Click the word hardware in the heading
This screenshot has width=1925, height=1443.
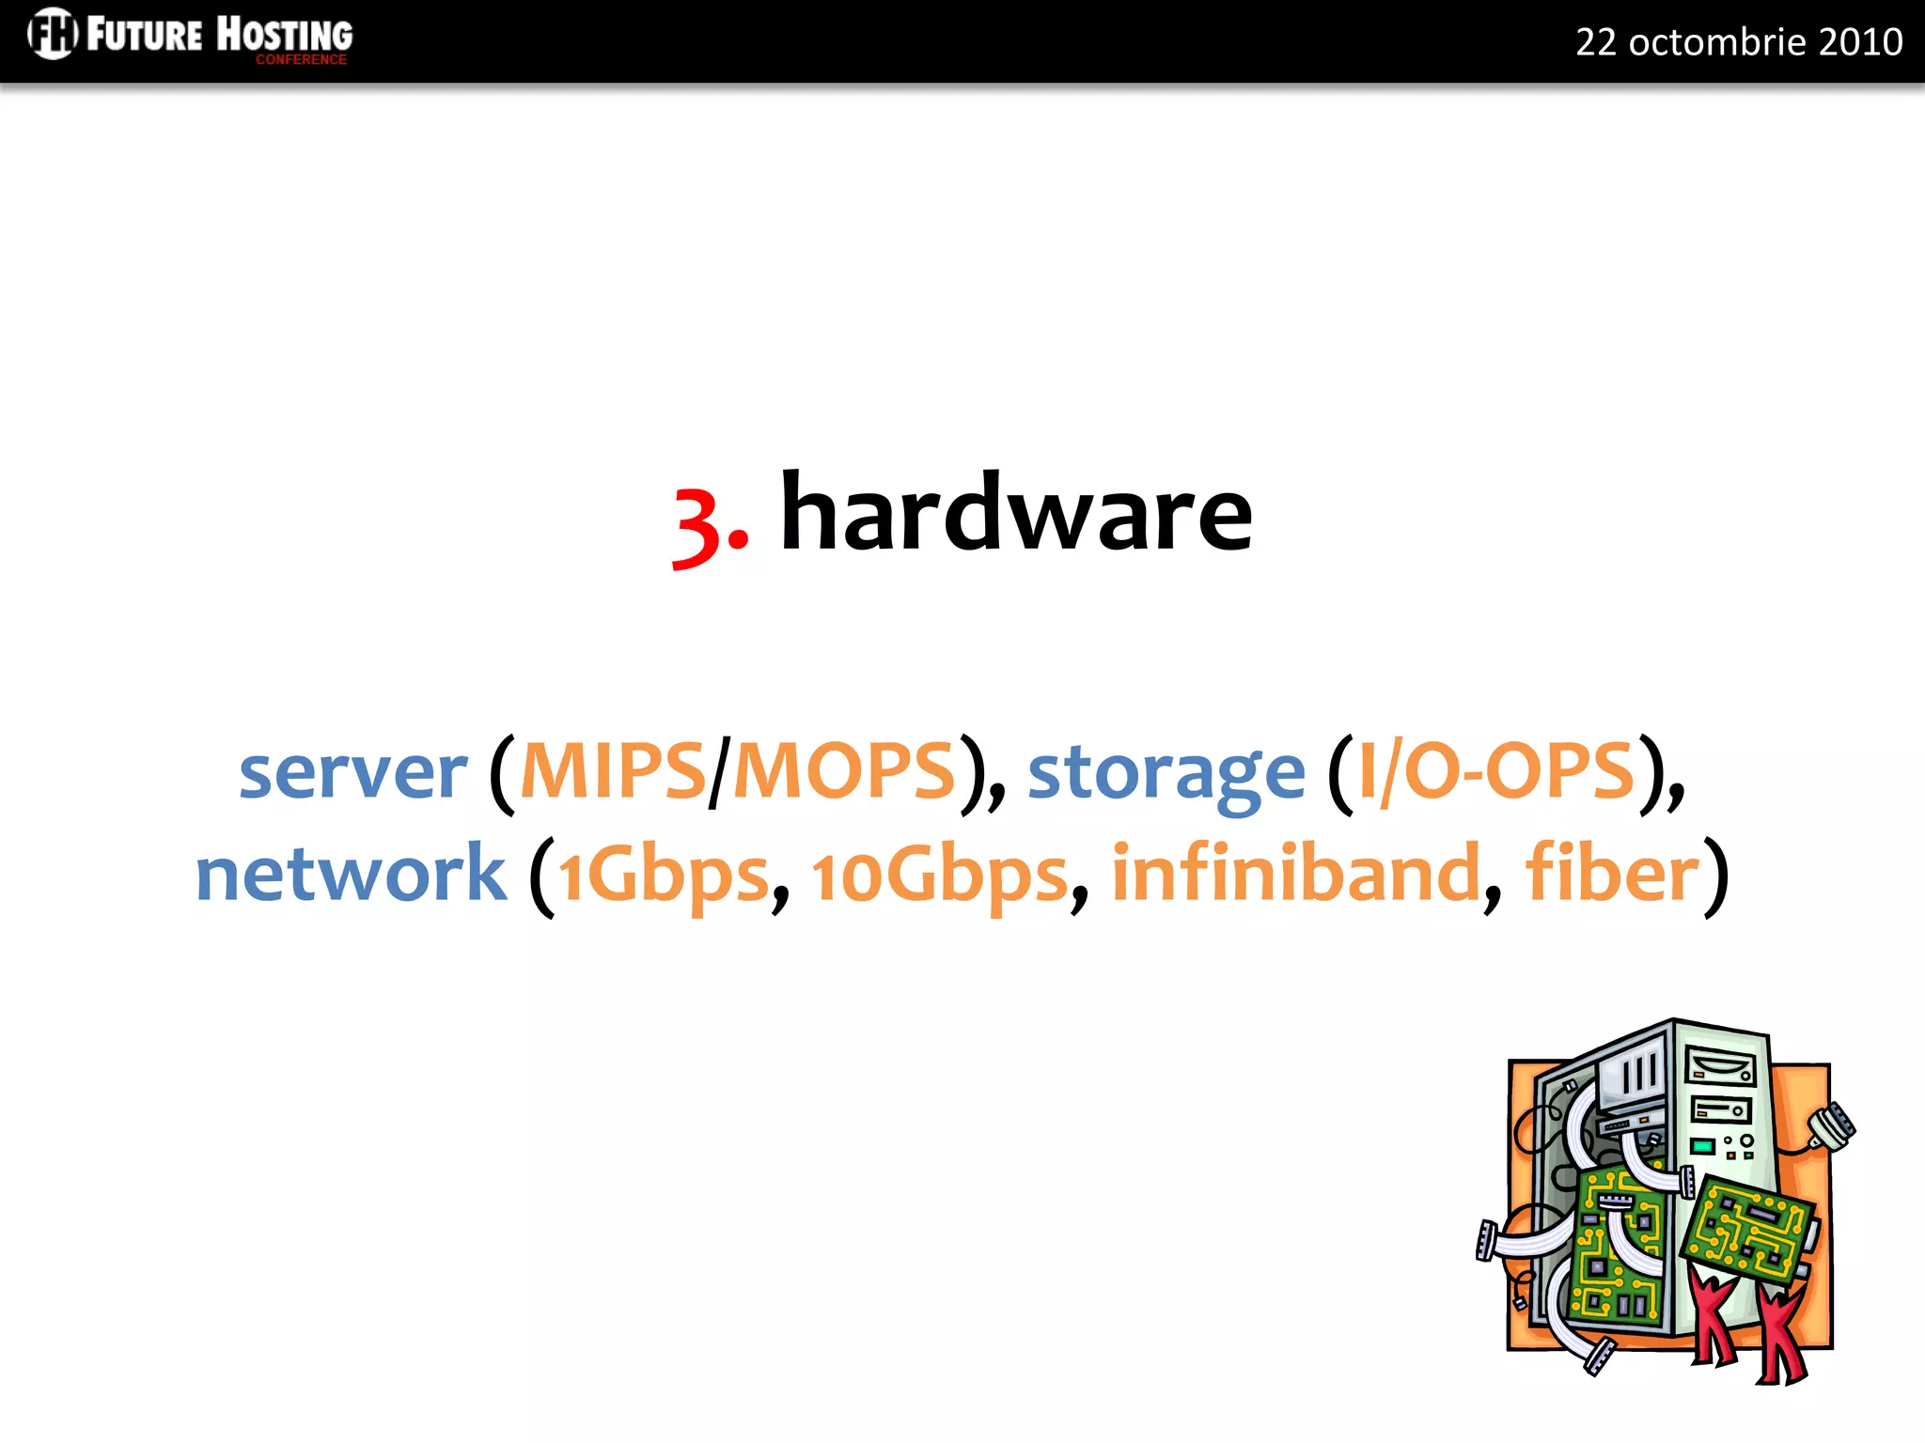[x=1016, y=514]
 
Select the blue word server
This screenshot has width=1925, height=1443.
[x=352, y=772]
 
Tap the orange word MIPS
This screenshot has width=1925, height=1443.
[x=613, y=770]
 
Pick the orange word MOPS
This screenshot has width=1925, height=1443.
[x=843, y=770]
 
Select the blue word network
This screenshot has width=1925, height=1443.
[x=351, y=874]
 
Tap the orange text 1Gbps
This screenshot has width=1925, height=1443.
[x=664, y=876]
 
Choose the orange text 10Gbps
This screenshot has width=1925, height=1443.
[x=940, y=876]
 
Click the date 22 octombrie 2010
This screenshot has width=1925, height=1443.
[x=1739, y=42]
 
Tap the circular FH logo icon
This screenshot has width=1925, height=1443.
[x=52, y=33]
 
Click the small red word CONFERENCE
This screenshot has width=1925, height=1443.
[x=301, y=59]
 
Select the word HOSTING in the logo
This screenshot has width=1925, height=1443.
[x=285, y=34]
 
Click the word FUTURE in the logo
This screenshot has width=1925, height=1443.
[x=144, y=35]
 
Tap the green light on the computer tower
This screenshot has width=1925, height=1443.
[x=1702, y=1146]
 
